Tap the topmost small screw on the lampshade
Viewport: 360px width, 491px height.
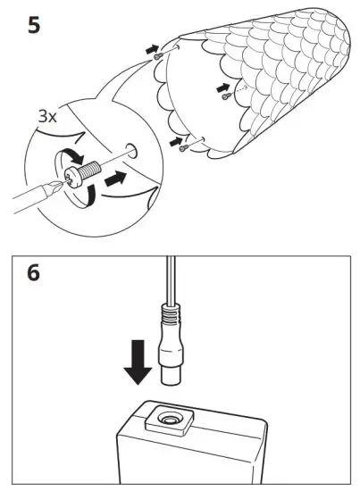(157, 55)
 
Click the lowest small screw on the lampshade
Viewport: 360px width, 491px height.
(183, 146)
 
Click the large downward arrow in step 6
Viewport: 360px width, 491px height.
(138, 368)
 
